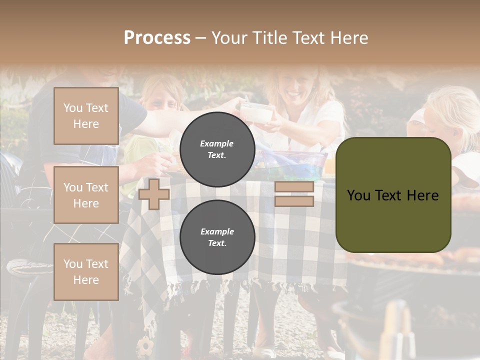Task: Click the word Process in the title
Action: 157,38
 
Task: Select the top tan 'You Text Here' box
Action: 86,116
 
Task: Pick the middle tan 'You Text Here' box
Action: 86,195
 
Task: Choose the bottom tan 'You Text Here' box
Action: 86,272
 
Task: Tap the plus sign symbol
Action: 154,194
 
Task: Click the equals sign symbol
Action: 294,194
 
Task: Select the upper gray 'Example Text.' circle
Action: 217,149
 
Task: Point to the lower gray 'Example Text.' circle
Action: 217,237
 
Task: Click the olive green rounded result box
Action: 393,195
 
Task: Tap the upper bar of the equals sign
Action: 294,187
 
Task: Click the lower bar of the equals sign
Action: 294,201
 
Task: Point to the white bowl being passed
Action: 256,112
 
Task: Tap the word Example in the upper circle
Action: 217,143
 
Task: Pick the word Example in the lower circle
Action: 217,231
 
